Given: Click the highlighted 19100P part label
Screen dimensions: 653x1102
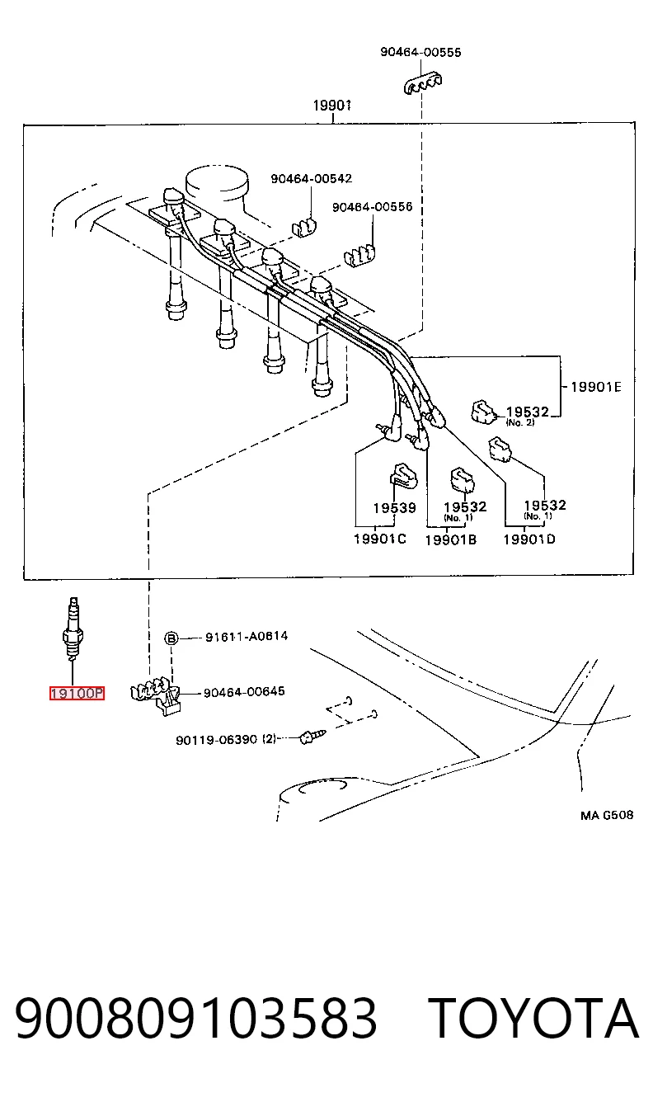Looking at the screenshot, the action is pyautogui.click(x=77, y=693).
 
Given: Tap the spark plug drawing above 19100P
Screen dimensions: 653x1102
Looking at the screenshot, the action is pyautogui.click(x=72, y=629).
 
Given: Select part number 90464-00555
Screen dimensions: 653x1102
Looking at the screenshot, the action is pyautogui.click(x=420, y=52).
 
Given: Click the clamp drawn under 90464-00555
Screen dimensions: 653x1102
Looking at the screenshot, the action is pyautogui.click(x=422, y=83).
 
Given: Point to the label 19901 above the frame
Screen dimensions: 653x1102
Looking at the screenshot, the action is pyautogui.click(x=332, y=105).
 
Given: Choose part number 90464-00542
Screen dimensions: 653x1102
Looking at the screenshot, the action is pyautogui.click(x=312, y=178).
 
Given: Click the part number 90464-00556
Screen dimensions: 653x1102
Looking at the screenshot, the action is pyautogui.click(x=372, y=206).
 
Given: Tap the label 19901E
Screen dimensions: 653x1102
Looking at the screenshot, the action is pyautogui.click(x=595, y=387).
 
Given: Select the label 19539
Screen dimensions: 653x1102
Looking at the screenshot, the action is pyautogui.click(x=394, y=507).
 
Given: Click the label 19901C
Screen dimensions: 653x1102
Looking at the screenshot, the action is pyautogui.click(x=380, y=539).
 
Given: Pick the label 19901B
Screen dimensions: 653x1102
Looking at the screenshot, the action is pyautogui.click(x=451, y=539).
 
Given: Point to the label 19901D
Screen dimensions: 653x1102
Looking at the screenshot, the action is pyautogui.click(x=529, y=539).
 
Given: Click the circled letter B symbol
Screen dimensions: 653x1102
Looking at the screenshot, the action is pyautogui.click(x=171, y=638).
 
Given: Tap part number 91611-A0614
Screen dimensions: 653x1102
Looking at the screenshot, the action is pyautogui.click(x=247, y=636).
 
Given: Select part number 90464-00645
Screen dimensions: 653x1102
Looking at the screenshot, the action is pyautogui.click(x=244, y=692).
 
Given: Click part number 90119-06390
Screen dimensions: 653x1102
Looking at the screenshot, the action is pyautogui.click(x=216, y=739).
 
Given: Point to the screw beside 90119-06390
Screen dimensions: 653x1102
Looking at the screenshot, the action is pyautogui.click(x=312, y=737).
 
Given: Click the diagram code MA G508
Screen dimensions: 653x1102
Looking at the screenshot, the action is pyautogui.click(x=607, y=815).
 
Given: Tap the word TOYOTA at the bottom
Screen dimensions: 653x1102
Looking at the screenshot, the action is pyautogui.click(x=533, y=1018).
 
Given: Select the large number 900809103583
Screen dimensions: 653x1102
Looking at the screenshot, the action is pyautogui.click(x=196, y=1018).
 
